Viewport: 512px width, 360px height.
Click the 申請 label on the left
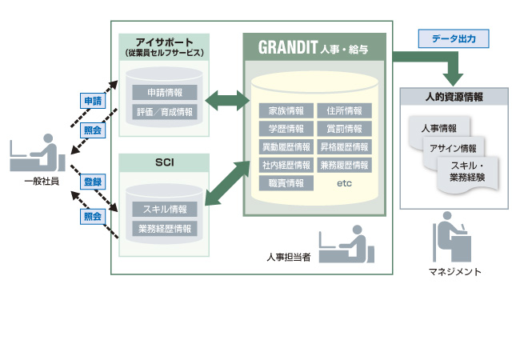point(93,101)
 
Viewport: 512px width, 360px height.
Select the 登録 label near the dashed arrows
point(93,182)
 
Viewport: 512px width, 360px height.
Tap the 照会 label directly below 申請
point(93,130)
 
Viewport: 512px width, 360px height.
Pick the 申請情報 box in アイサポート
point(164,92)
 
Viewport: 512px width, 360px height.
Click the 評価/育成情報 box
point(164,112)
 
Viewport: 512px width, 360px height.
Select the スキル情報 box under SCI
point(164,210)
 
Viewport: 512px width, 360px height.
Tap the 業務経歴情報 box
point(164,229)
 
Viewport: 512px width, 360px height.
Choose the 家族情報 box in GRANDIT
point(286,110)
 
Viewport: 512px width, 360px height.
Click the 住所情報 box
point(344,110)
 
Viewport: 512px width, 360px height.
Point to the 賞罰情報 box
point(344,129)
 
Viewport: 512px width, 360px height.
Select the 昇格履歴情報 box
point(344,147)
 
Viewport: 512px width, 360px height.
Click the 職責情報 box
point(286,183)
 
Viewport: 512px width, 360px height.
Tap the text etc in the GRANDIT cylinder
point(344,183)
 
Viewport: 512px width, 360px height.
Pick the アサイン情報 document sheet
point(452,148)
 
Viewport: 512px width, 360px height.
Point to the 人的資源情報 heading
point(454,97)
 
